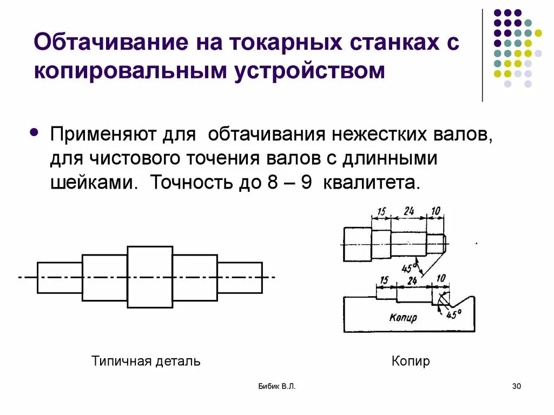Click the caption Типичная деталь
(146, 361)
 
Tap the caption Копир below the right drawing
(411, 361)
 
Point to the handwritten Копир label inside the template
(403, 318)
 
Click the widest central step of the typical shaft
(150, 277)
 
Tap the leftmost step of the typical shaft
(60, 277)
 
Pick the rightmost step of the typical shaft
(240, 277)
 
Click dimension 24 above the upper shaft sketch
(408, 211)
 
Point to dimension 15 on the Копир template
(384, 280)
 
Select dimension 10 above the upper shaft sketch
(436, 211)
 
